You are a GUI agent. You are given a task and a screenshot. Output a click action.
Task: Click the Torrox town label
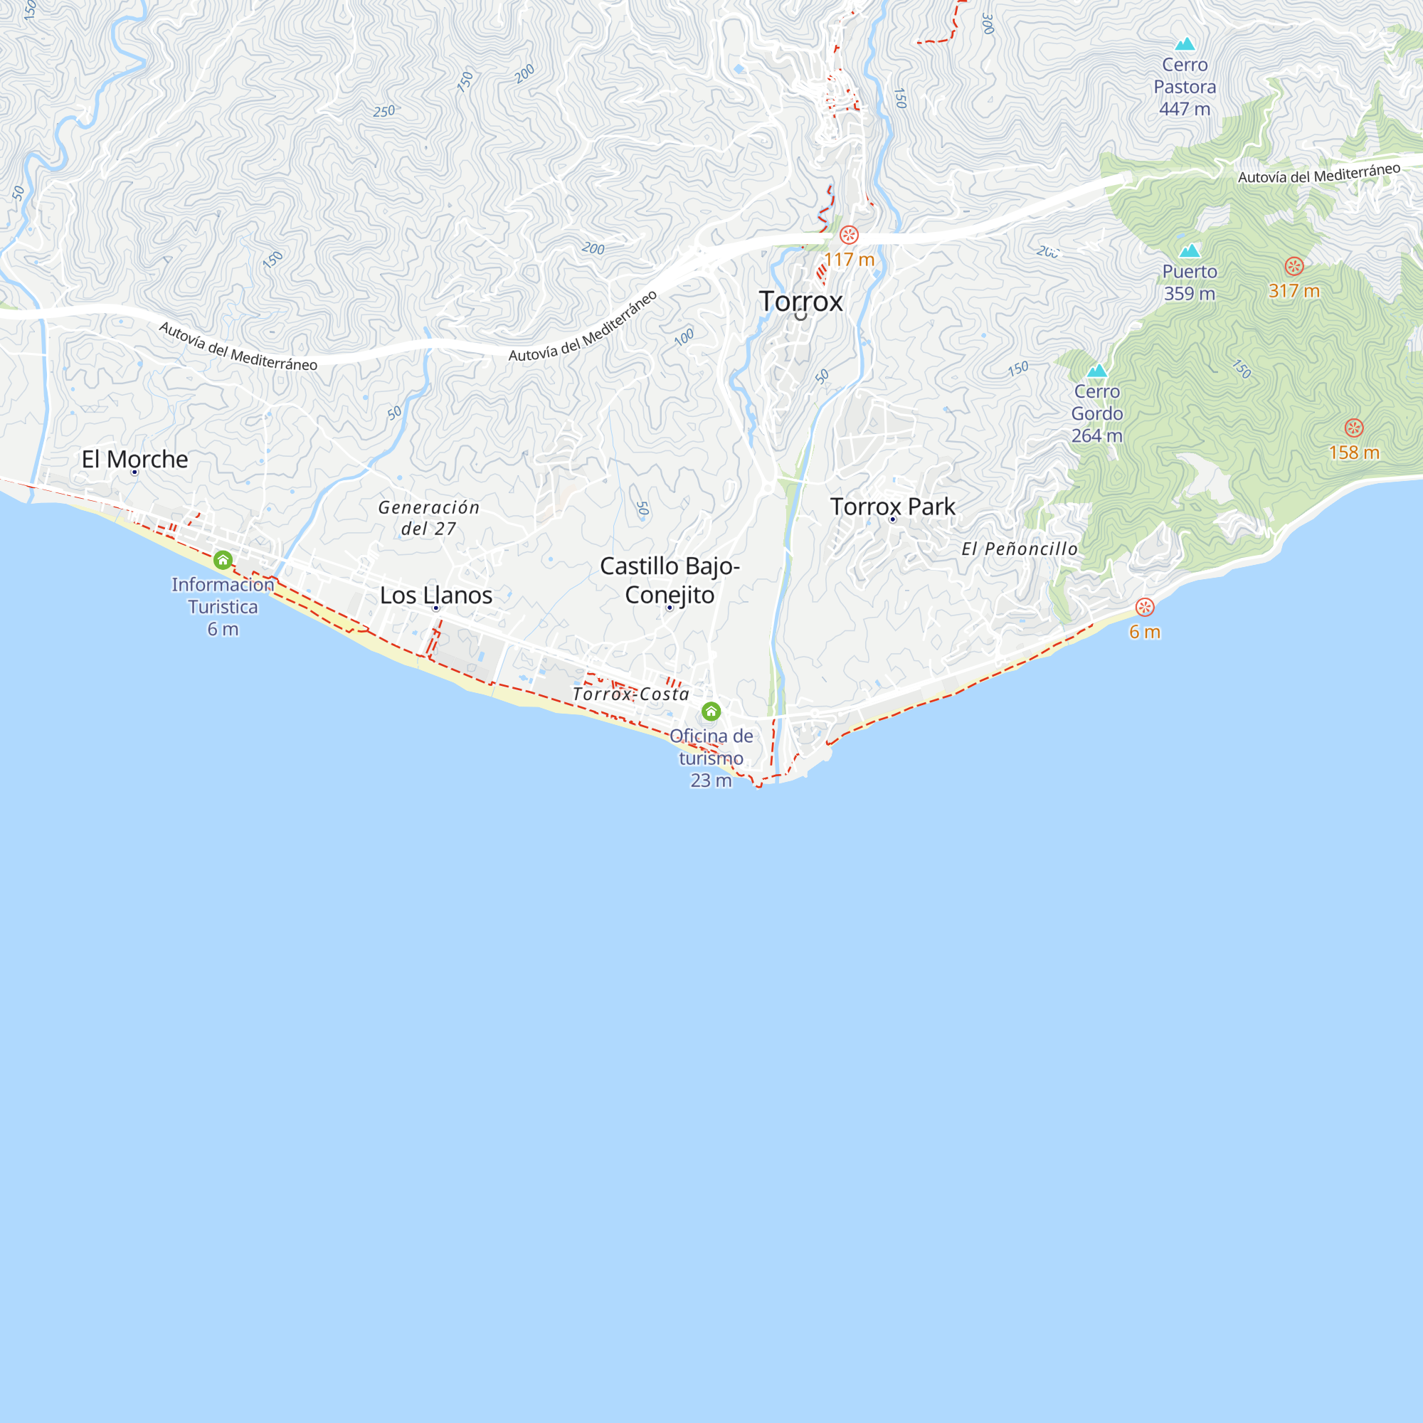click(800, 301)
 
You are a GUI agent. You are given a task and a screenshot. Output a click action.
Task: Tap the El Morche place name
click(134, 459)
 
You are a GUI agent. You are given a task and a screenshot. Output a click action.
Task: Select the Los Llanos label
click(436, 595)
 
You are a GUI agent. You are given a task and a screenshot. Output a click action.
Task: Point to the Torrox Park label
click(893, 507)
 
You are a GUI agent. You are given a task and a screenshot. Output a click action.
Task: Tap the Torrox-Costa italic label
click(630, 694)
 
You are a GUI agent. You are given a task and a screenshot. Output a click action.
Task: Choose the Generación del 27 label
click(428, 518)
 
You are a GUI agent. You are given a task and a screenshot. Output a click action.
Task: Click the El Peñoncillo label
click(1020, 549)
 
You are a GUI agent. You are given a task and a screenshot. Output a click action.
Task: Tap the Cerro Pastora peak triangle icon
click(1185, 44)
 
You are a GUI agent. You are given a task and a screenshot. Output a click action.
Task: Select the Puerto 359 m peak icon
click(1190, 251)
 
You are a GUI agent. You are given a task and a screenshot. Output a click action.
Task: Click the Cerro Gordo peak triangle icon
click(1097, 371)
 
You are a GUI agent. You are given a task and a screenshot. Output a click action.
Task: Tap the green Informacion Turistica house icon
click(223, 561)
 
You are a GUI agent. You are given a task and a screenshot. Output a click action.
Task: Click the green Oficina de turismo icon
click(711, 711)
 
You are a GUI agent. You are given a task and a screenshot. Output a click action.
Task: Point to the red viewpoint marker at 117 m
click(850, 236)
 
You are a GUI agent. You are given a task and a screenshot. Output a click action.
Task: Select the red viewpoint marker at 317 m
click(1294, 267)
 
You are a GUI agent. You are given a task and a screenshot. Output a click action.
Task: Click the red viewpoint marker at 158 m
click(1354, 428)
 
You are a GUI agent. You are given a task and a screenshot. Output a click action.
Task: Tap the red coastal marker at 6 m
click(1145, 607)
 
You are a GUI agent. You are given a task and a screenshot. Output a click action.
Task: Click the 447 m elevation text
click(1185, 109)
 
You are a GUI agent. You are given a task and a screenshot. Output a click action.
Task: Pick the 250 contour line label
click(383, 111)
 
